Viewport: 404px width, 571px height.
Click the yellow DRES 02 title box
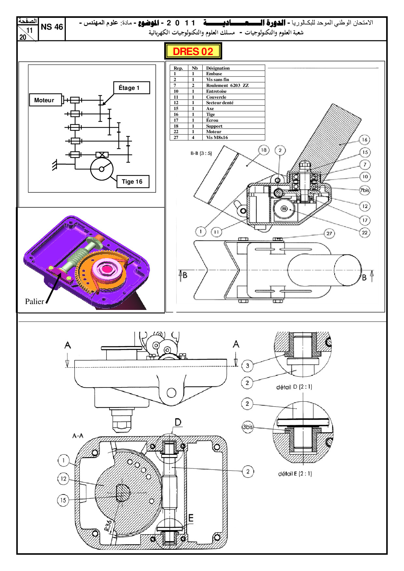(x=193, y=51)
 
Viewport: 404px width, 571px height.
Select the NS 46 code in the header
(x=52, y=27)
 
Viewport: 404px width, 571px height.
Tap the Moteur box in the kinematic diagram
(x=45, y=100)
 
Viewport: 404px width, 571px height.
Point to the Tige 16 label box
(x=133, y=182)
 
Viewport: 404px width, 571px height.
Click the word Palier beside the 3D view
(x=34, y=301)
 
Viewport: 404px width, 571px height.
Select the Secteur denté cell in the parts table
(x=220, y=103)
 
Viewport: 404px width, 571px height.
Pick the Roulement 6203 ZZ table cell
(x=227, y=85)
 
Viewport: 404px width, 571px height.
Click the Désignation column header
(x=218, y=68)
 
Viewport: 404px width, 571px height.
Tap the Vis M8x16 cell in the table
(x=217, y=137)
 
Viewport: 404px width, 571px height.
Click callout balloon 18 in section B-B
(x=264, y=150)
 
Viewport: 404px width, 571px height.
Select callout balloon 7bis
(x=365, y=190)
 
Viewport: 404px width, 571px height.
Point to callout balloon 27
(x=329, y=233)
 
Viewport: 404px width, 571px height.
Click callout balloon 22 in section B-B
(x=365, y=232)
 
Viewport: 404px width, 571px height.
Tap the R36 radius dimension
(x=108, y=525)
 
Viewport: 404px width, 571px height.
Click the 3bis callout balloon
(x=247, y=427)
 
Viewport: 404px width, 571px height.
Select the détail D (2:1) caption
(x=294, y=387)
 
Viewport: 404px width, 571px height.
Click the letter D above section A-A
(x=178, y=423)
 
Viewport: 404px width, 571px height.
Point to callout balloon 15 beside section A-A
(x=63, y=500)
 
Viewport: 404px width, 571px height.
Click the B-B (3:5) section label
(x=201, y=153)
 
